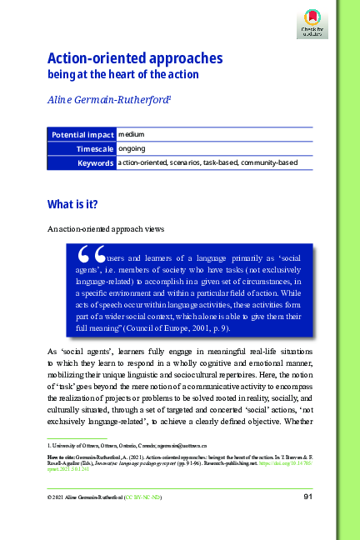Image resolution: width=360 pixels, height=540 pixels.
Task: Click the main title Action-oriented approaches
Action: coord(134,58)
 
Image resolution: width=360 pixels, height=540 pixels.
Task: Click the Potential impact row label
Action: coord(82,134)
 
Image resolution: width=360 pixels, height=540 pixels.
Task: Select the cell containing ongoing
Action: coord(132,148)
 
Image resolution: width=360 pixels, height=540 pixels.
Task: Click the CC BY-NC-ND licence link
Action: coord(144,497)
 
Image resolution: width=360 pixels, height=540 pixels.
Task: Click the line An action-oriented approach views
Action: coord(99,227)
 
